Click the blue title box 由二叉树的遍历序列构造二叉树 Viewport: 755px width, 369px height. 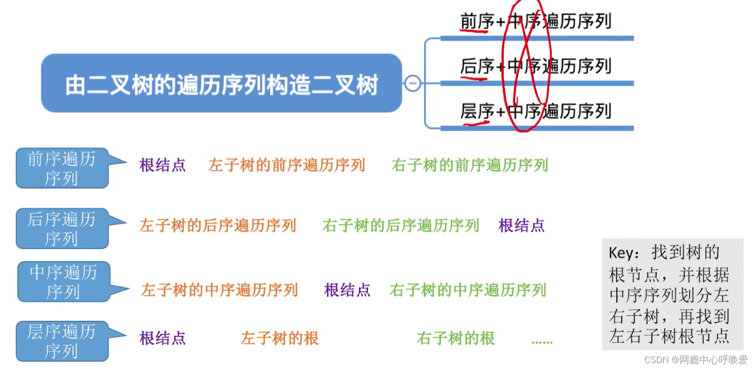coord(221,84)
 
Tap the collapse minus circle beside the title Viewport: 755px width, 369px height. coord(412,84)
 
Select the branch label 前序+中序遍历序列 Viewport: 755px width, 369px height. coord(535,22)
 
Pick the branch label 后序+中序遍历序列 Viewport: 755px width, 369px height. coord(535,66)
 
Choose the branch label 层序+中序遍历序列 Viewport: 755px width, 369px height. coord(535,112)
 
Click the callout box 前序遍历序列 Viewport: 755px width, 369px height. coord(61,168)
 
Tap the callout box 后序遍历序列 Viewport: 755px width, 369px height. coord(61,228)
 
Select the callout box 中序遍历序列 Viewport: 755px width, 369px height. coord(63,281)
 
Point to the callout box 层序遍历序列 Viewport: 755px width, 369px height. coord(61,341)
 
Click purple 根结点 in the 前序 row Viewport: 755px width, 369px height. coord(162,165)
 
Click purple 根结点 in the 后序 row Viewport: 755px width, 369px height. coord(521,225)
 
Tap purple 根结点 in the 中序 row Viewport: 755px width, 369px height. coord(347,290)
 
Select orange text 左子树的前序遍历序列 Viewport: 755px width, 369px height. coord(286,165)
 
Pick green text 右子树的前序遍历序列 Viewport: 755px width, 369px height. coord(469,165)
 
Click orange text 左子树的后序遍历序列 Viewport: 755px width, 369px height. coord(218,225)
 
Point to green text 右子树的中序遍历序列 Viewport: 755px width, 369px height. coord(467,290)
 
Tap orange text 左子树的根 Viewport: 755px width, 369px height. coord(279,338)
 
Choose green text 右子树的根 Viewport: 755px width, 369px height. coord(455,338)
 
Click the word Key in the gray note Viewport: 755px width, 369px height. coord(621,253)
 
